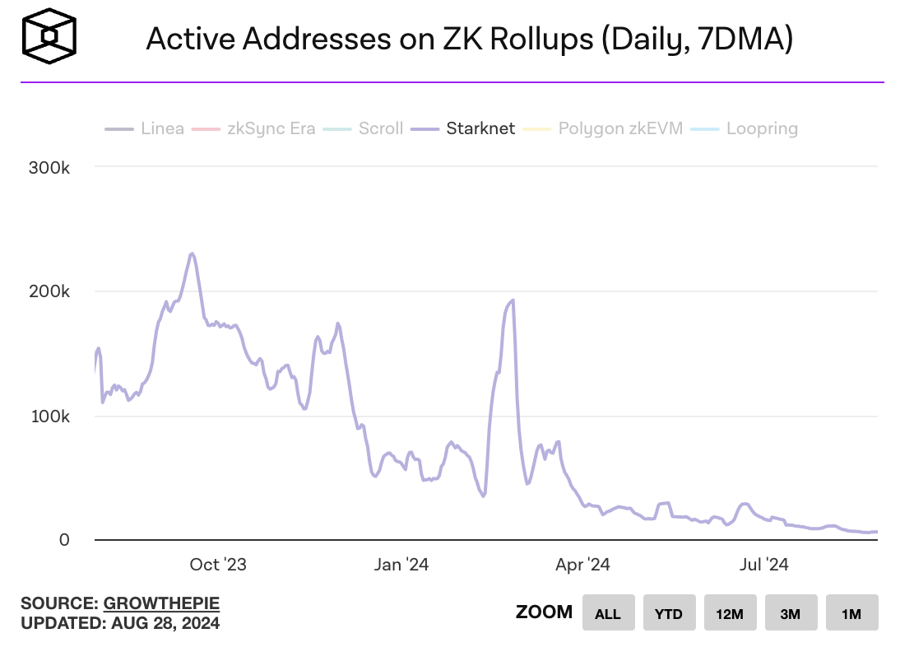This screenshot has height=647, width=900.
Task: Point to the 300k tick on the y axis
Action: pos(49,167)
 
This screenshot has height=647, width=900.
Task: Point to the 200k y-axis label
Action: pos(49,291)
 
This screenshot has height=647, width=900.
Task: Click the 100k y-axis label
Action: pos(49,416)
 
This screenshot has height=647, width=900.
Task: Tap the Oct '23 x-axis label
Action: pos(218,565)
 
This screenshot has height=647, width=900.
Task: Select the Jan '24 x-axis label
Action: pos(401,565)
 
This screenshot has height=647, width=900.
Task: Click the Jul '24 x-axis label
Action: pos(764,565)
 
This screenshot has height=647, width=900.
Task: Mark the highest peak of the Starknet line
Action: pos(191,254)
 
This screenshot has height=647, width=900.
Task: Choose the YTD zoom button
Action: pos(669,613)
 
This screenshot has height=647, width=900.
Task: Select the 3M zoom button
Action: pos(791,613)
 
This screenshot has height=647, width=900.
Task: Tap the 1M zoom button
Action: pos(851,613)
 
